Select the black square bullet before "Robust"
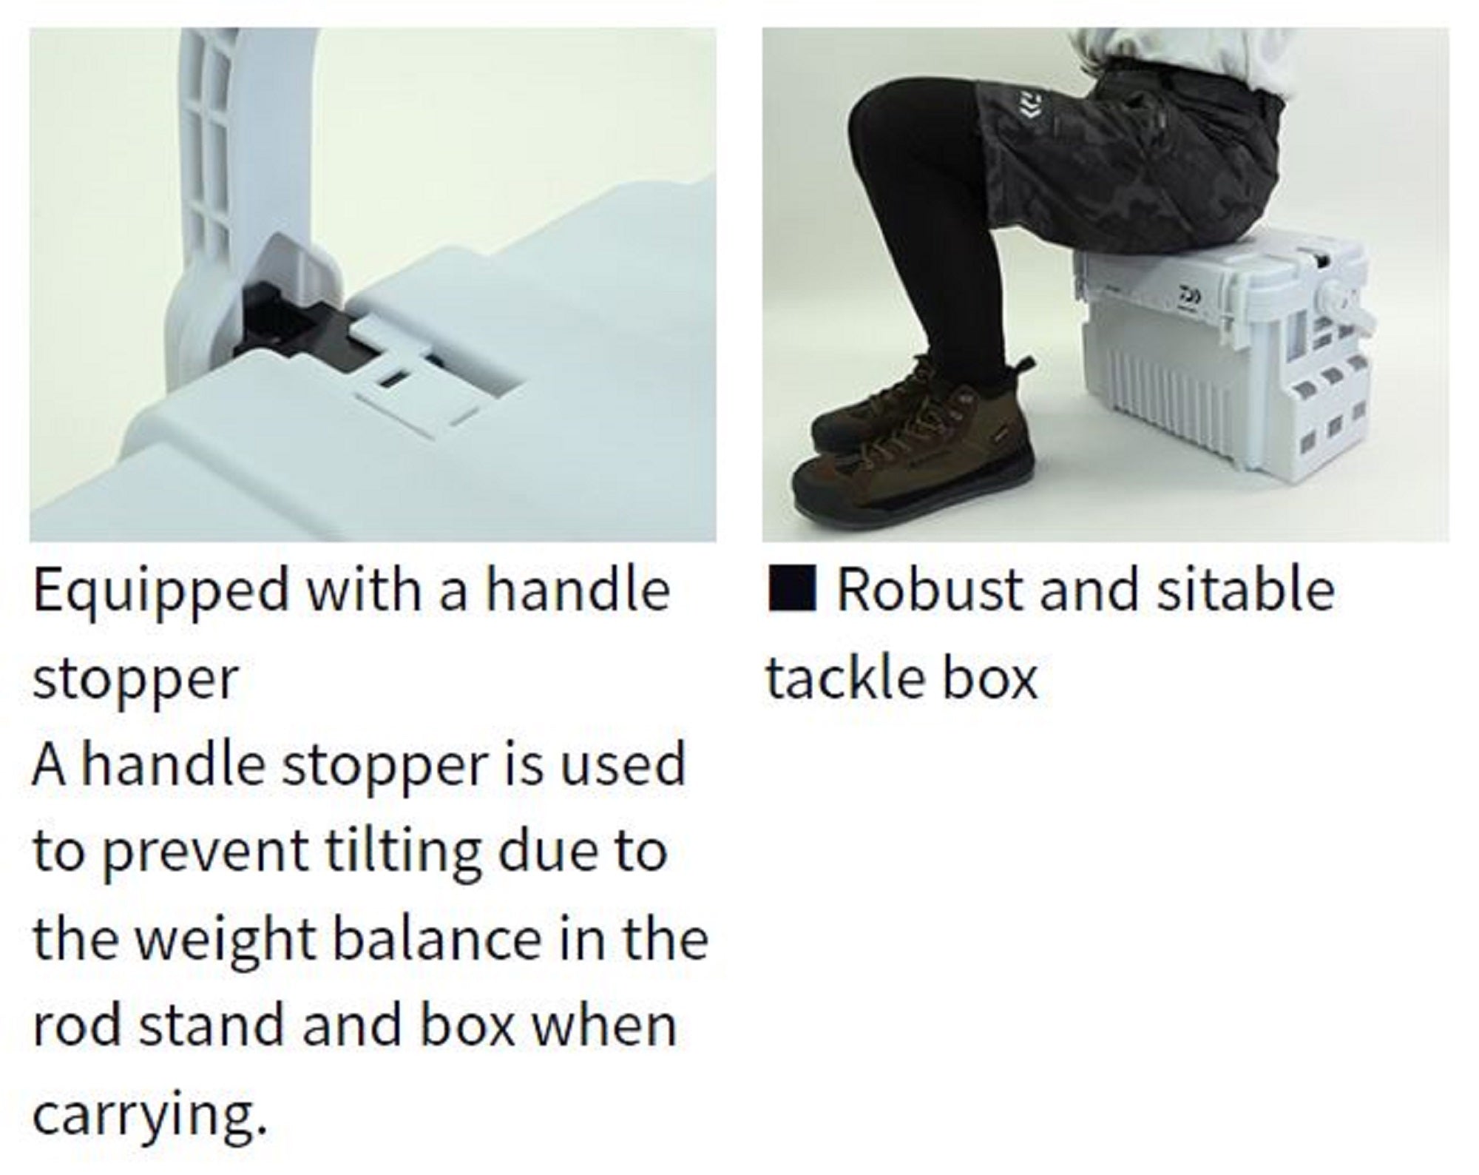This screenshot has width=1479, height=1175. tap(792, 589)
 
